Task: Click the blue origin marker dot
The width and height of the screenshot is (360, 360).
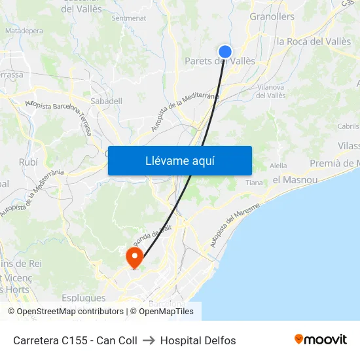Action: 225,52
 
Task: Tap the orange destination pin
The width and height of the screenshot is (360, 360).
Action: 135,256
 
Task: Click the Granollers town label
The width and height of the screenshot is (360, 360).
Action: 272,16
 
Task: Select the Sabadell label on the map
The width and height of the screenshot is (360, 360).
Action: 106,101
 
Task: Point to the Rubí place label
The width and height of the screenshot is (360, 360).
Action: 29,162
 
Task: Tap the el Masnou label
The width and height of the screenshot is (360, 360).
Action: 295,179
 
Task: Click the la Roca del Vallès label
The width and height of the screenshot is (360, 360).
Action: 314,41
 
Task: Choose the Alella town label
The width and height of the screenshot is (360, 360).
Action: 278,166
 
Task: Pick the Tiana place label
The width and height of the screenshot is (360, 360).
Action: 254,183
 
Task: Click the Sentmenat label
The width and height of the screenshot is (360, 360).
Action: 129,18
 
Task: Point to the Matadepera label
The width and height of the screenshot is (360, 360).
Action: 24,30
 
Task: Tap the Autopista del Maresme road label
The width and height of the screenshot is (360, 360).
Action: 235,225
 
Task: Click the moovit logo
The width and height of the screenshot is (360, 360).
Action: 321,340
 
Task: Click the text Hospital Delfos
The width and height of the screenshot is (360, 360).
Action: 198,340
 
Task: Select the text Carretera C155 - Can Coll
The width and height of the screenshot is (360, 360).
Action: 75,340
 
